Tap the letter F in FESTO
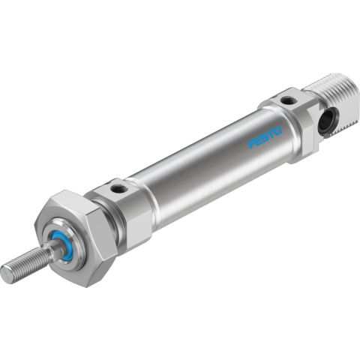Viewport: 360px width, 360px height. coord(253,145)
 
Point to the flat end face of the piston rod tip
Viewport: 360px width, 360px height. coord(7,274)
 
